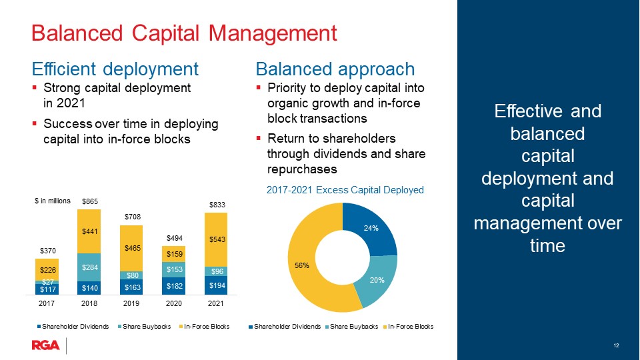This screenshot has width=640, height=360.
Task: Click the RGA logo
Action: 46,345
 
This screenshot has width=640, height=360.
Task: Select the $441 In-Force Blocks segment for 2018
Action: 89,231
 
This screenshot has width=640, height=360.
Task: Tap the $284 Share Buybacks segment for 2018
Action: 89,267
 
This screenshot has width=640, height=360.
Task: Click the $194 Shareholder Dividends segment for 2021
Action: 216,285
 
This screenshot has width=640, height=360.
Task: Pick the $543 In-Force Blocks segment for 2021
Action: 216,239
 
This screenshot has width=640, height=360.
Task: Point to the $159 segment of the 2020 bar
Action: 174,254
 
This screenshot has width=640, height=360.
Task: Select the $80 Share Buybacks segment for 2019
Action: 131,275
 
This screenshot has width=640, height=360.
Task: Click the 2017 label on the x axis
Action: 47,303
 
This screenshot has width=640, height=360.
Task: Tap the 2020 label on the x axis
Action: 174,303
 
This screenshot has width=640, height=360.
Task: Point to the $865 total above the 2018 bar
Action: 90,201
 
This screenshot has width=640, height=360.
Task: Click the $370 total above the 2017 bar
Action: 48,251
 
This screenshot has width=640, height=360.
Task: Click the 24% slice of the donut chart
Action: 371,229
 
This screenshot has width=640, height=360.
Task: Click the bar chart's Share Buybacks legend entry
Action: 144,327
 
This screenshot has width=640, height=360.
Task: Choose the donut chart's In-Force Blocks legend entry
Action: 408,327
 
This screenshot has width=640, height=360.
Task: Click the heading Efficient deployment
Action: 115,69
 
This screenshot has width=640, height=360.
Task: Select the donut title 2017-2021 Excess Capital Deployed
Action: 345,190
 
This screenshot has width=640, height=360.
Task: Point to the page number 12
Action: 616,345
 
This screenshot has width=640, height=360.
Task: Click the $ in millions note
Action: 53,201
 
